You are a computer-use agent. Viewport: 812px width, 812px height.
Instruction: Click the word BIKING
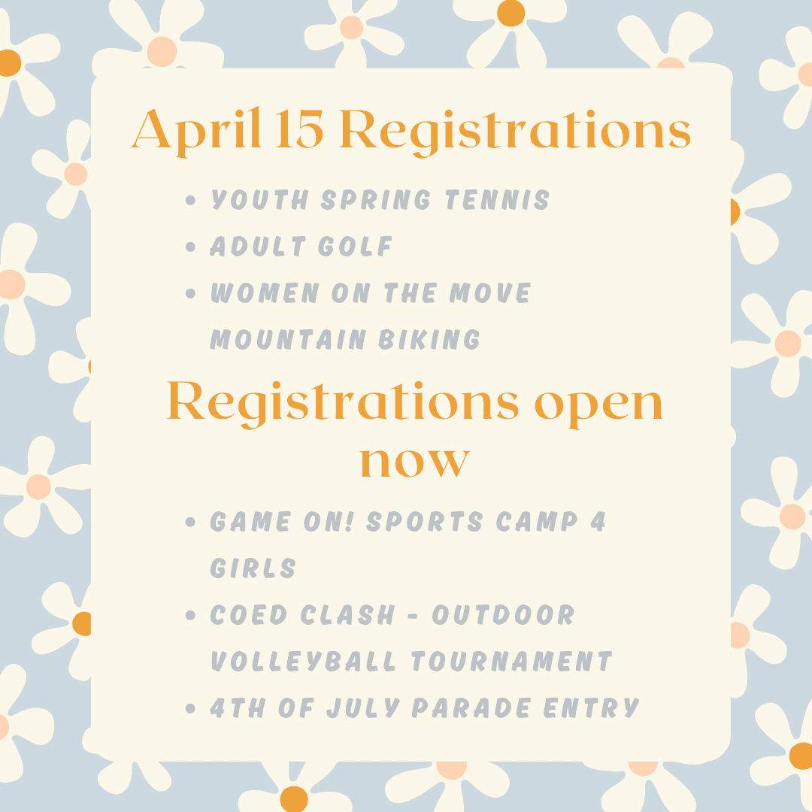pyautogui.click(x=441, y=339)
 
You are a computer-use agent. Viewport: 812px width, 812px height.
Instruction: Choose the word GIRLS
pyautogui.click(x=253, y=568)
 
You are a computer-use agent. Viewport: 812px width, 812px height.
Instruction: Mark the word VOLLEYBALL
pyautogui.click(x=303, y=661)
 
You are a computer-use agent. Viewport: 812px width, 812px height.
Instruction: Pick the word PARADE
pyautogui.click(x=471, y=707)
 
